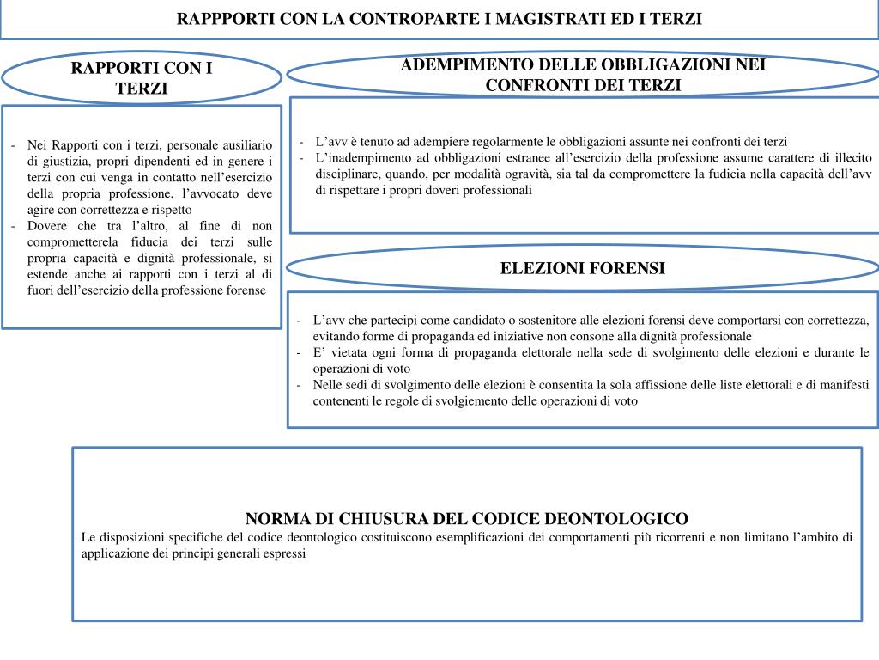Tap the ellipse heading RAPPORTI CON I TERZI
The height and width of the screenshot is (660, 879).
[x=142, y=78]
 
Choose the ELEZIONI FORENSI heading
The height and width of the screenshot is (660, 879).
[x=583, y=268]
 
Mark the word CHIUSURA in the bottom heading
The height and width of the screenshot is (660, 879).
[x=377, y=519]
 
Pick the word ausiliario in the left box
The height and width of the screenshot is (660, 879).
[x=243, y=144]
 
